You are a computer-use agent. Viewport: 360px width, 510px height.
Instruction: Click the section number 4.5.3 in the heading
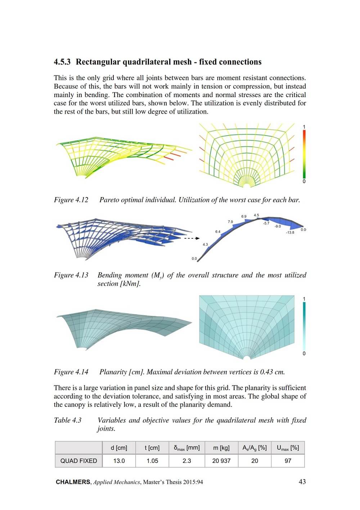(x=62, y=62)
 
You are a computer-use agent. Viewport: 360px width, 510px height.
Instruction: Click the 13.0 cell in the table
(x=119, y=461)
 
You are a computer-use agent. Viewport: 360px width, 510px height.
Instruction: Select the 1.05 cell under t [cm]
(x=152, y=461)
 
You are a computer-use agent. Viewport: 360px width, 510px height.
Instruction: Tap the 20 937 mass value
(x=221, y=461)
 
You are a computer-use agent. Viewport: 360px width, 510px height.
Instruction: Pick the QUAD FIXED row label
(x=78, y=461)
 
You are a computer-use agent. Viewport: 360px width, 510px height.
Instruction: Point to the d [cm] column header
(x=119, y=448)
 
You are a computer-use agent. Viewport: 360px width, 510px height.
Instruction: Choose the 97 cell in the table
(x=288, y=461)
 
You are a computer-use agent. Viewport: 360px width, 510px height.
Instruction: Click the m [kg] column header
(x=221, y=448)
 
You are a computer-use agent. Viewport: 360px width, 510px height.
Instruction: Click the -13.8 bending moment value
(x=290, y=233)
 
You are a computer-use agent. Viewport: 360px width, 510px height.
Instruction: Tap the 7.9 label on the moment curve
(x=230, y=222)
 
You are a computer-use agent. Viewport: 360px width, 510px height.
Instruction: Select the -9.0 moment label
(x=278, y=227)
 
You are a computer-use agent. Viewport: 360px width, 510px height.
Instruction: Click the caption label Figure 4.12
(x=71, y=200)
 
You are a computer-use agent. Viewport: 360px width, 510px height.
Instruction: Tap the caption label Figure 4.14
(x=71, y=372)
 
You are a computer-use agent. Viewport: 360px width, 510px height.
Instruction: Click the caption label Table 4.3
(x=68, y=420)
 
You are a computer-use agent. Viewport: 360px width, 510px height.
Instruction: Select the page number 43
(x=302, y=482)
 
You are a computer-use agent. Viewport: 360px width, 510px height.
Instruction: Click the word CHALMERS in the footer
(x=73, y=482)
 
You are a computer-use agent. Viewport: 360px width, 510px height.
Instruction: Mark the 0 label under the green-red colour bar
(x=304, y=181)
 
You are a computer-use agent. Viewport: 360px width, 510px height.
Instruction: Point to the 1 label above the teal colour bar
(x=304, y=299)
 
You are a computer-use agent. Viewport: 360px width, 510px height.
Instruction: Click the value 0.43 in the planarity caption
(x=266, y=372)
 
